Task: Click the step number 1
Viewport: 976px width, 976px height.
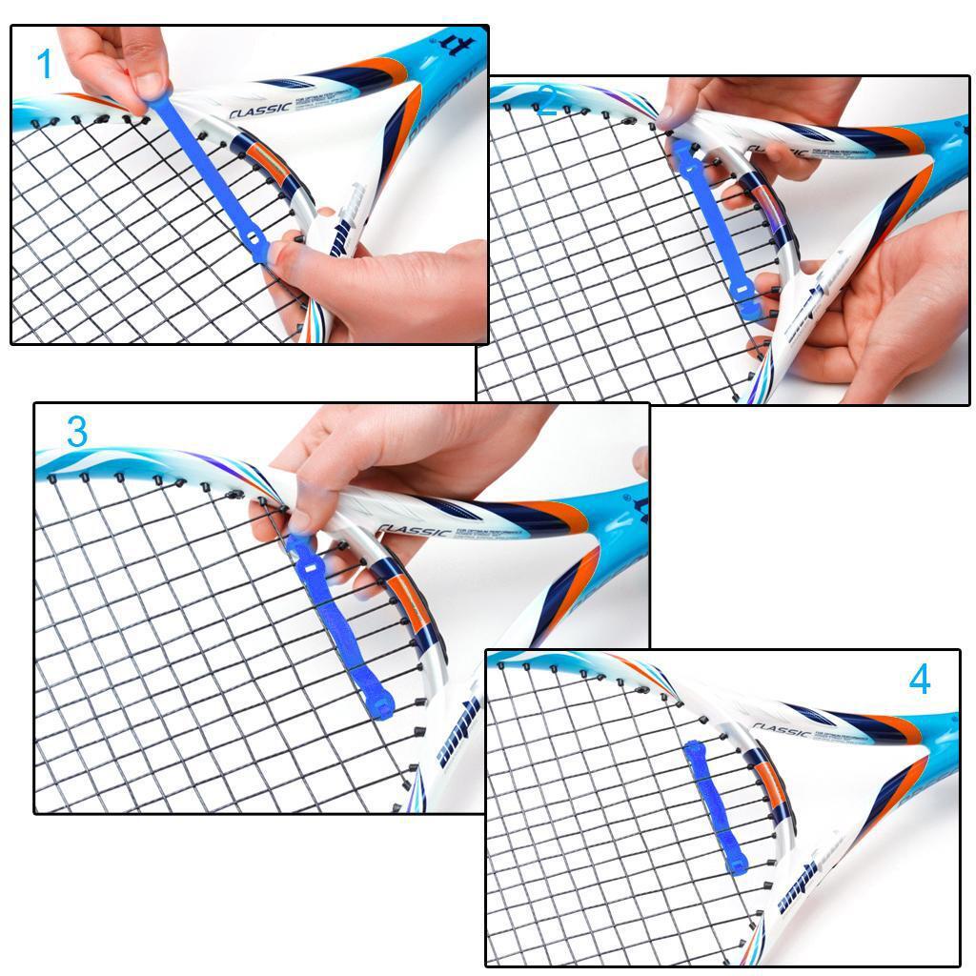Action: pyautogui.click(x=44, y=66)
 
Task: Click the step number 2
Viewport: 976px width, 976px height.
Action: pyautogui.click(x=546, y=102)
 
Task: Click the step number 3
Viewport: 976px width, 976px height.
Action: pyautogui.click(x=77, y=432)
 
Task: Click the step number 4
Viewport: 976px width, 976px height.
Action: pyautogui.click(x=919, y=680)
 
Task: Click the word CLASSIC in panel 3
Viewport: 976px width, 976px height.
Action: pyautogui.click(x=413, y=530)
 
